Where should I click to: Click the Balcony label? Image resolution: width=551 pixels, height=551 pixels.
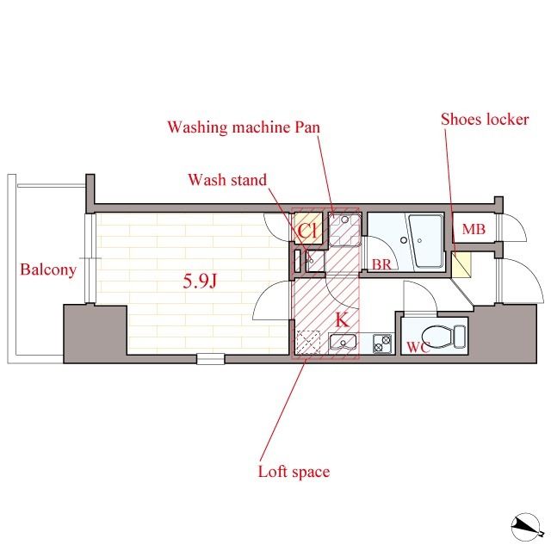[x=48, y=269]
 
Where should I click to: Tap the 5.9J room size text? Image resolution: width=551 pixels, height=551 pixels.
[x=199, y=281]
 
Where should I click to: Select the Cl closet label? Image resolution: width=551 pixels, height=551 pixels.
[x=308, y=231]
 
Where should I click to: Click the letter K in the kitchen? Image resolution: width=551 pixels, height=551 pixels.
[x=342, y=319]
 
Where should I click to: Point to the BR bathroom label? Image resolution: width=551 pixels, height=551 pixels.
[x=381, y=264]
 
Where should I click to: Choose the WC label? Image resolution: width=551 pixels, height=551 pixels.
[x=418, y=347]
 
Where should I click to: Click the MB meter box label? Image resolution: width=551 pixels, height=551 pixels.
[x=474, y=229]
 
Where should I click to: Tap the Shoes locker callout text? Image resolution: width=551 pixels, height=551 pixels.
[x=485, y=120]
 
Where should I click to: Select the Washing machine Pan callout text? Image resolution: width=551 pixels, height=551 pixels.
[x=244, y=127]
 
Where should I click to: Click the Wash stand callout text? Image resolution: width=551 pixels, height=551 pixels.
[x=227, y=180]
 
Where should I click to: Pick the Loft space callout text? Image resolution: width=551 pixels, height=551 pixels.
[x=294, y=472]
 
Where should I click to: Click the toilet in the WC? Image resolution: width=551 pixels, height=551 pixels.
[x=443, y=337]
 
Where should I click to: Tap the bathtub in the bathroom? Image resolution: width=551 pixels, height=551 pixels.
[x=425, y=241]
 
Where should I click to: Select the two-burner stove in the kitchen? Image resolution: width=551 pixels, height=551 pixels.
[x=382, y=344]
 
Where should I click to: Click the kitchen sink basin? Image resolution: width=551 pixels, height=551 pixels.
[x=343, y=342]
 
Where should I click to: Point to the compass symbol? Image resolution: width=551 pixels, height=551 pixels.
[x=526, y=526]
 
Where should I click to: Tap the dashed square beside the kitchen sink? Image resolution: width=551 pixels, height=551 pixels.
[x=308, y=343]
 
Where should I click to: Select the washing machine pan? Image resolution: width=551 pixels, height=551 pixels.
[x=344, y=229]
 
